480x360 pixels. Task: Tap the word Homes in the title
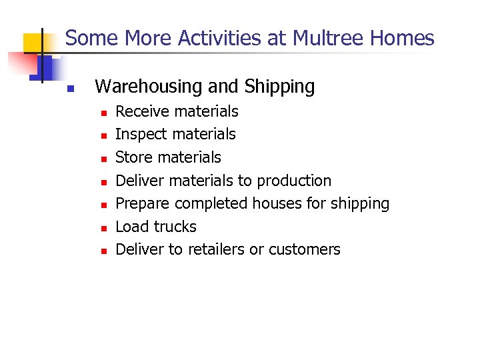coord(403,38)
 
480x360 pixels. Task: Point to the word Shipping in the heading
coord(279,87)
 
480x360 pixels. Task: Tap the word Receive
coord(143,111)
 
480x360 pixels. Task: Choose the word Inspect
coord(141,135)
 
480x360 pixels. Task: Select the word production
coord(294,181)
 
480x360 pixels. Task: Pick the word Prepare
coord(143,203)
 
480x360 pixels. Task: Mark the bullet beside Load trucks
coord(103,228)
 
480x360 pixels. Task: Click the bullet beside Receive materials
coord(103,113)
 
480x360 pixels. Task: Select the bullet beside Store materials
coord(103,159)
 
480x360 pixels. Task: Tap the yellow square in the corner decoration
coord(33,43)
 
